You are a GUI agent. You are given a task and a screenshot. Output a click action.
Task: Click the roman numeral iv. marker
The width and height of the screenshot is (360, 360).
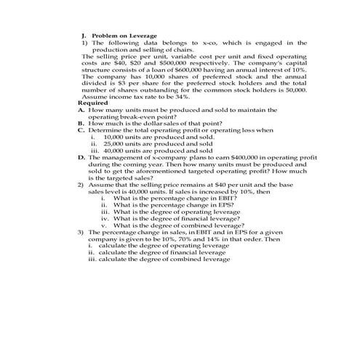click(105, 218)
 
